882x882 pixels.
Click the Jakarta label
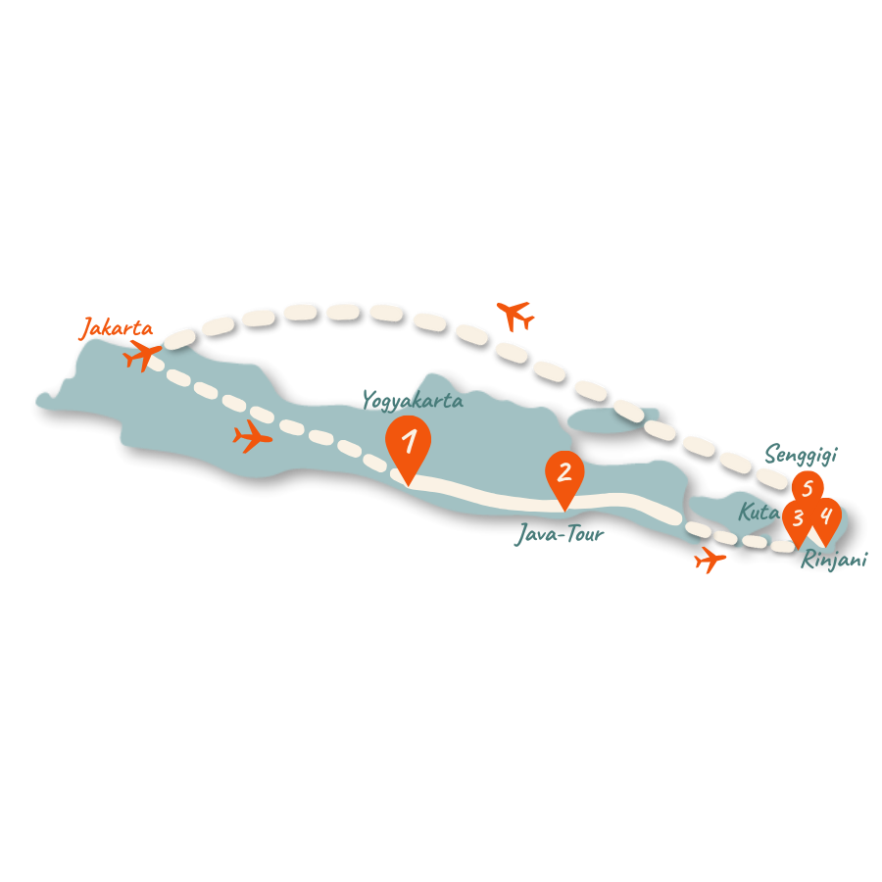click(117, 328)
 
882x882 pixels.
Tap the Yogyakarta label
click(413, 400)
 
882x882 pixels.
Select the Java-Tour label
click(559, 534)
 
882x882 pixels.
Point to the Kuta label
click(758, 512)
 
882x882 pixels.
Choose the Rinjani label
click(834, 561)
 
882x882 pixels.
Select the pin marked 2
click(564, 475)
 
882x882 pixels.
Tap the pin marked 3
click(798, 519)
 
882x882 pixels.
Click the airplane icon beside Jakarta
click(143, 355)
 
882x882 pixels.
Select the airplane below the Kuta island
click(710, 560)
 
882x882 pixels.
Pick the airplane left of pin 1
click(253, 436)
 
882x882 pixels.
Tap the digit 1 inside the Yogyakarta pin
click(409, 440)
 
